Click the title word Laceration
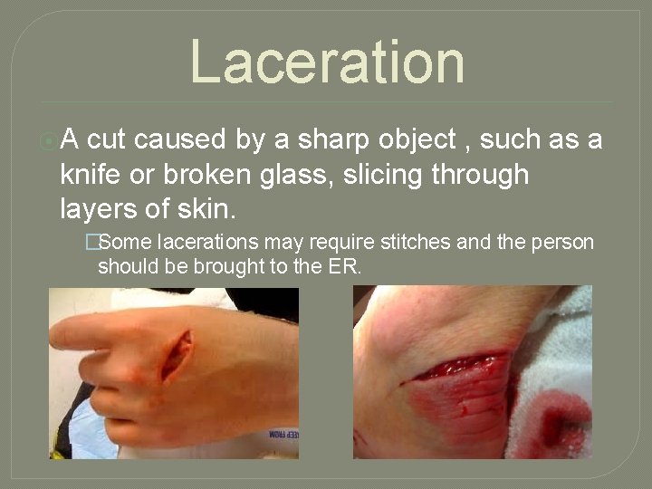327,62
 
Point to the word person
562,243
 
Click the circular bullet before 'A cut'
48,140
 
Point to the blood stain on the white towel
556,422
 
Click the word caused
185,139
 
